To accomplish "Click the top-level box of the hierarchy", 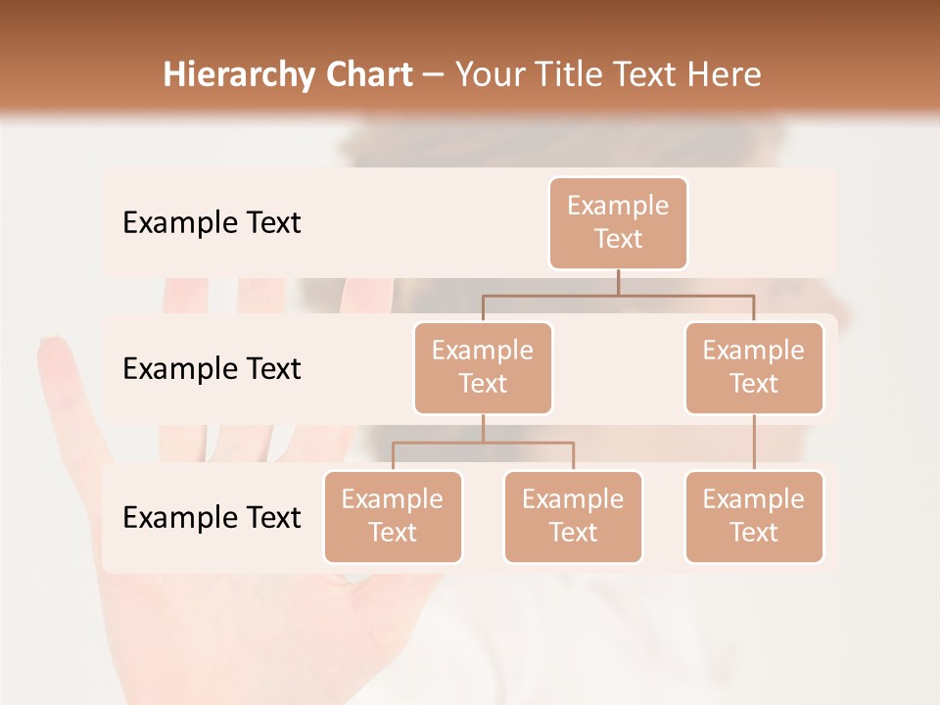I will coord(618,222).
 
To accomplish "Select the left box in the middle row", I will coord(483,367).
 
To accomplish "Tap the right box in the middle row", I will coord(754,367).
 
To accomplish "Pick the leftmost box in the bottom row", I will coord(393,516).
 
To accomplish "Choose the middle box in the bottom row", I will coord(573,516).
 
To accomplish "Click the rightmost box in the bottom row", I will coord(754,516).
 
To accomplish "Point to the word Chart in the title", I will coord(364,75).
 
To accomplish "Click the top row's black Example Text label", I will coord(211,223).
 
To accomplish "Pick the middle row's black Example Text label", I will coord(211,369).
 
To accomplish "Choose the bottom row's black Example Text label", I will coord(211,517).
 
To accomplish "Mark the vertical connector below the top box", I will coord(618,282).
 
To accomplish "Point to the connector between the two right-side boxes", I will coord(754,442).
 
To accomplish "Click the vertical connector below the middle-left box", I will coord(483,428).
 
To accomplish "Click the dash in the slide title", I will coord(434,75).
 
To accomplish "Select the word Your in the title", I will coord(486,75).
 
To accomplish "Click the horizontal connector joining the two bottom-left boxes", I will coord(483,443).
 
